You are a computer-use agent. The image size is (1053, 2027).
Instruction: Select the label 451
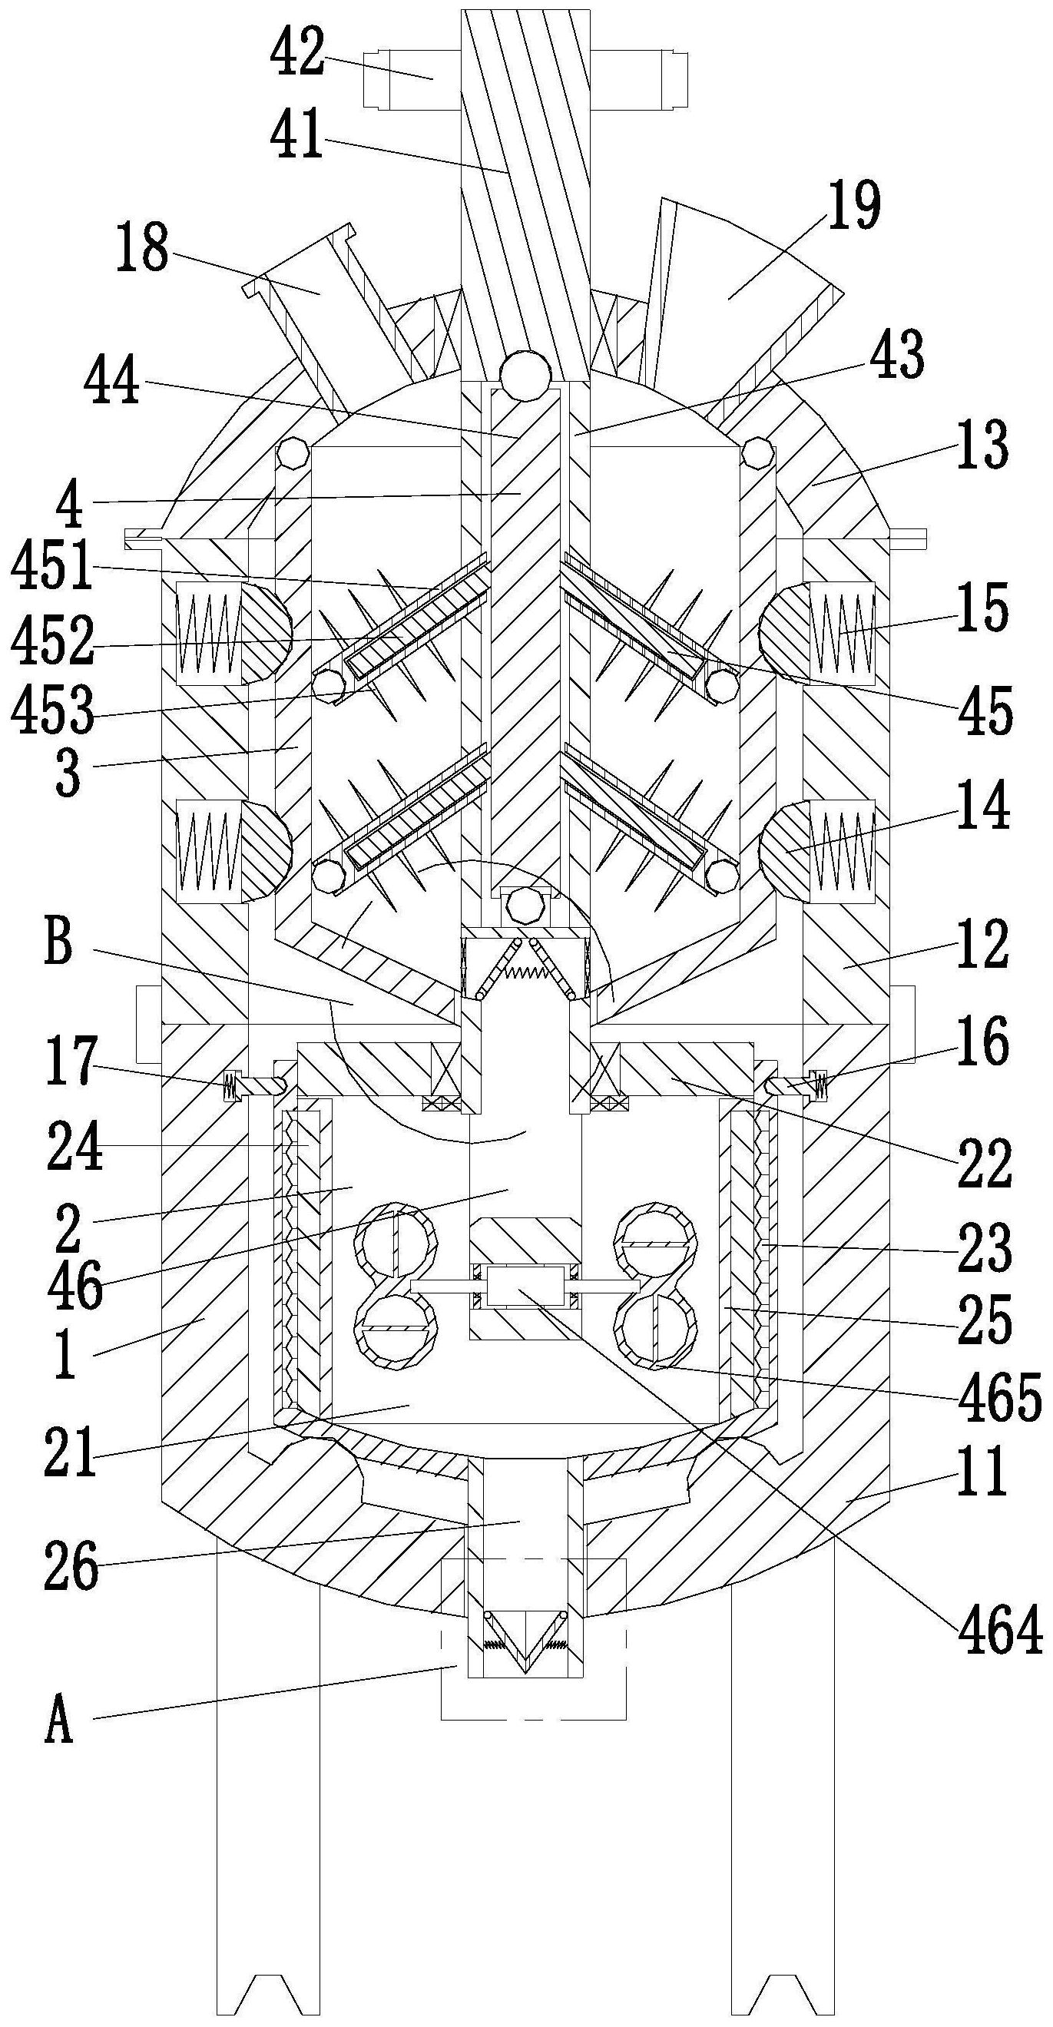[52, 568]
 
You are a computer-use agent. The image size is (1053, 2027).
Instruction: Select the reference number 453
[52, 709]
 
